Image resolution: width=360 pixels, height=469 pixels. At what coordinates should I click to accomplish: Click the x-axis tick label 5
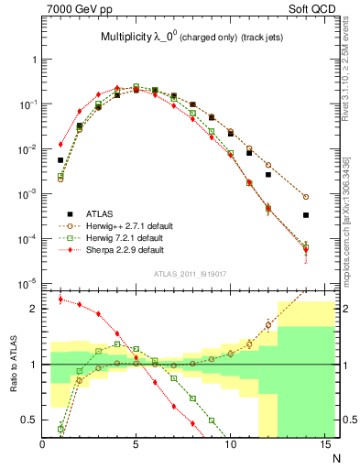[x=136, y=444]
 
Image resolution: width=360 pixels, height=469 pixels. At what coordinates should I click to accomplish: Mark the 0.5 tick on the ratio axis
[x=33, y=420]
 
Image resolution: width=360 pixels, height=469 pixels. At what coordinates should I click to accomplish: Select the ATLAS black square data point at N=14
[x=306, y=215]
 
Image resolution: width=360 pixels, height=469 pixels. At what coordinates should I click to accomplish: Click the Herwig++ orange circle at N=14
[x=306, y=197]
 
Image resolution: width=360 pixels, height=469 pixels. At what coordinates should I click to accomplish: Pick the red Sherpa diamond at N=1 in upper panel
[x=60, y=144]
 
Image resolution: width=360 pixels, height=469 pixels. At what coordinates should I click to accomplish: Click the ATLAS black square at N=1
[x=60, y=160]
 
